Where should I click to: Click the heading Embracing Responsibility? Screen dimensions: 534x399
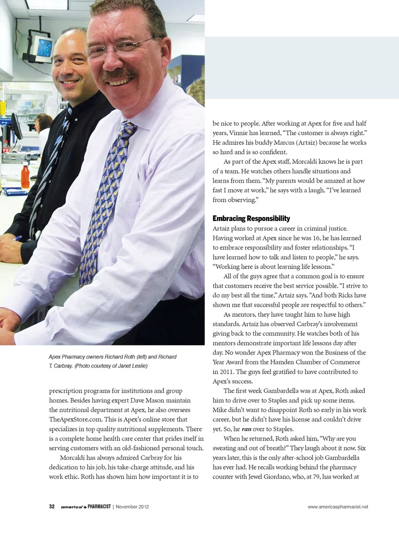tap(251, 219)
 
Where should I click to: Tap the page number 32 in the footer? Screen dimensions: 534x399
tap(52, 507)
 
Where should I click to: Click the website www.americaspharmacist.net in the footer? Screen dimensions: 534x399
tap(337, 507)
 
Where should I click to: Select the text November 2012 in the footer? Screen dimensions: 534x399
tap(132, 507)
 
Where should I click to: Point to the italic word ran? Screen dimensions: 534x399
tap(246, 429)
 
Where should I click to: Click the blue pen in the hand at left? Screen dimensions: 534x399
tap(17, 238)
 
